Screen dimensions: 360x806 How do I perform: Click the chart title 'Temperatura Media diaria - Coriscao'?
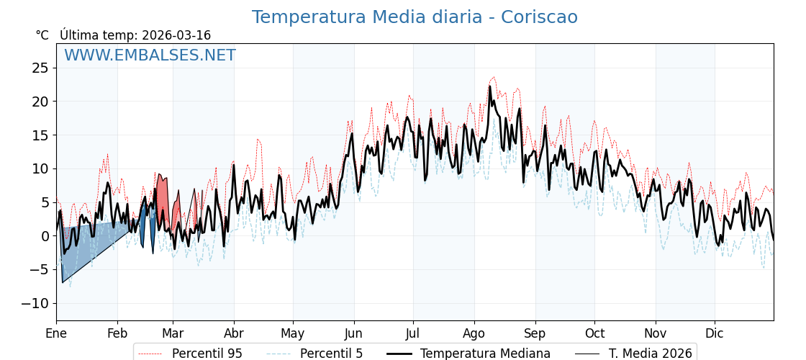[x=415, y=17]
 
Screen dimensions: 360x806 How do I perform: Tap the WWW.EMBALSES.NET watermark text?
[x=150, y=55]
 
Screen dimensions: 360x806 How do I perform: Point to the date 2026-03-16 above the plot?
[x=176, y=35]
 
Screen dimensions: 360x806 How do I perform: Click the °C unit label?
[x=42, y=35]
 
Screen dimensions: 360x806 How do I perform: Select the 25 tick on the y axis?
[x=40, y=68]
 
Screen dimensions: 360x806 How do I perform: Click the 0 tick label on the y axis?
[x=45, y=236]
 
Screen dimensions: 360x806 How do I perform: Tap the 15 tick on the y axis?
[x=40, y=135]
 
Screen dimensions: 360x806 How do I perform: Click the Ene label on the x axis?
[x=56, y=333]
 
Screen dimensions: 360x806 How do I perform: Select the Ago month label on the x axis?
[x=474, y=333]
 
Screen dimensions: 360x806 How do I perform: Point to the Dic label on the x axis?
[x=715, y=333]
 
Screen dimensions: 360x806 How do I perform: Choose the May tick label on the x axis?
[x=293, y=333]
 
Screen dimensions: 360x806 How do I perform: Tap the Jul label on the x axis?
[x=413, y=333]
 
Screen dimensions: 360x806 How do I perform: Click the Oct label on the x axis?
[x=594, y=333]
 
